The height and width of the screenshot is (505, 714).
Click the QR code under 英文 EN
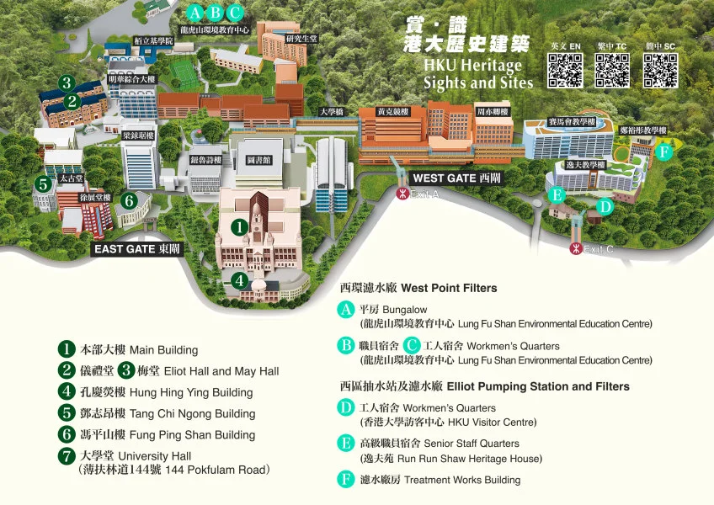point(566,71)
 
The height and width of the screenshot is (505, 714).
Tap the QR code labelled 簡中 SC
point(661,71)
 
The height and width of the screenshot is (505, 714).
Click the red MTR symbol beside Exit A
point(402,194)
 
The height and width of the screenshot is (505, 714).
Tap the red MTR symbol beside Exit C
point(575,248)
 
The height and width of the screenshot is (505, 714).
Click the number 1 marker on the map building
point(239,226)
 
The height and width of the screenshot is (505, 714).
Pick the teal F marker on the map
point(664,152)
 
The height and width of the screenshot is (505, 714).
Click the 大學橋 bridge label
point(331,112)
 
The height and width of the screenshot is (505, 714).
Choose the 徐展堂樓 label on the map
point(84,197)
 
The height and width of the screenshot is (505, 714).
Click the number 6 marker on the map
point(129,200)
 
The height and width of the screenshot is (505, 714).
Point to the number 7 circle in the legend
point(67,456)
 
